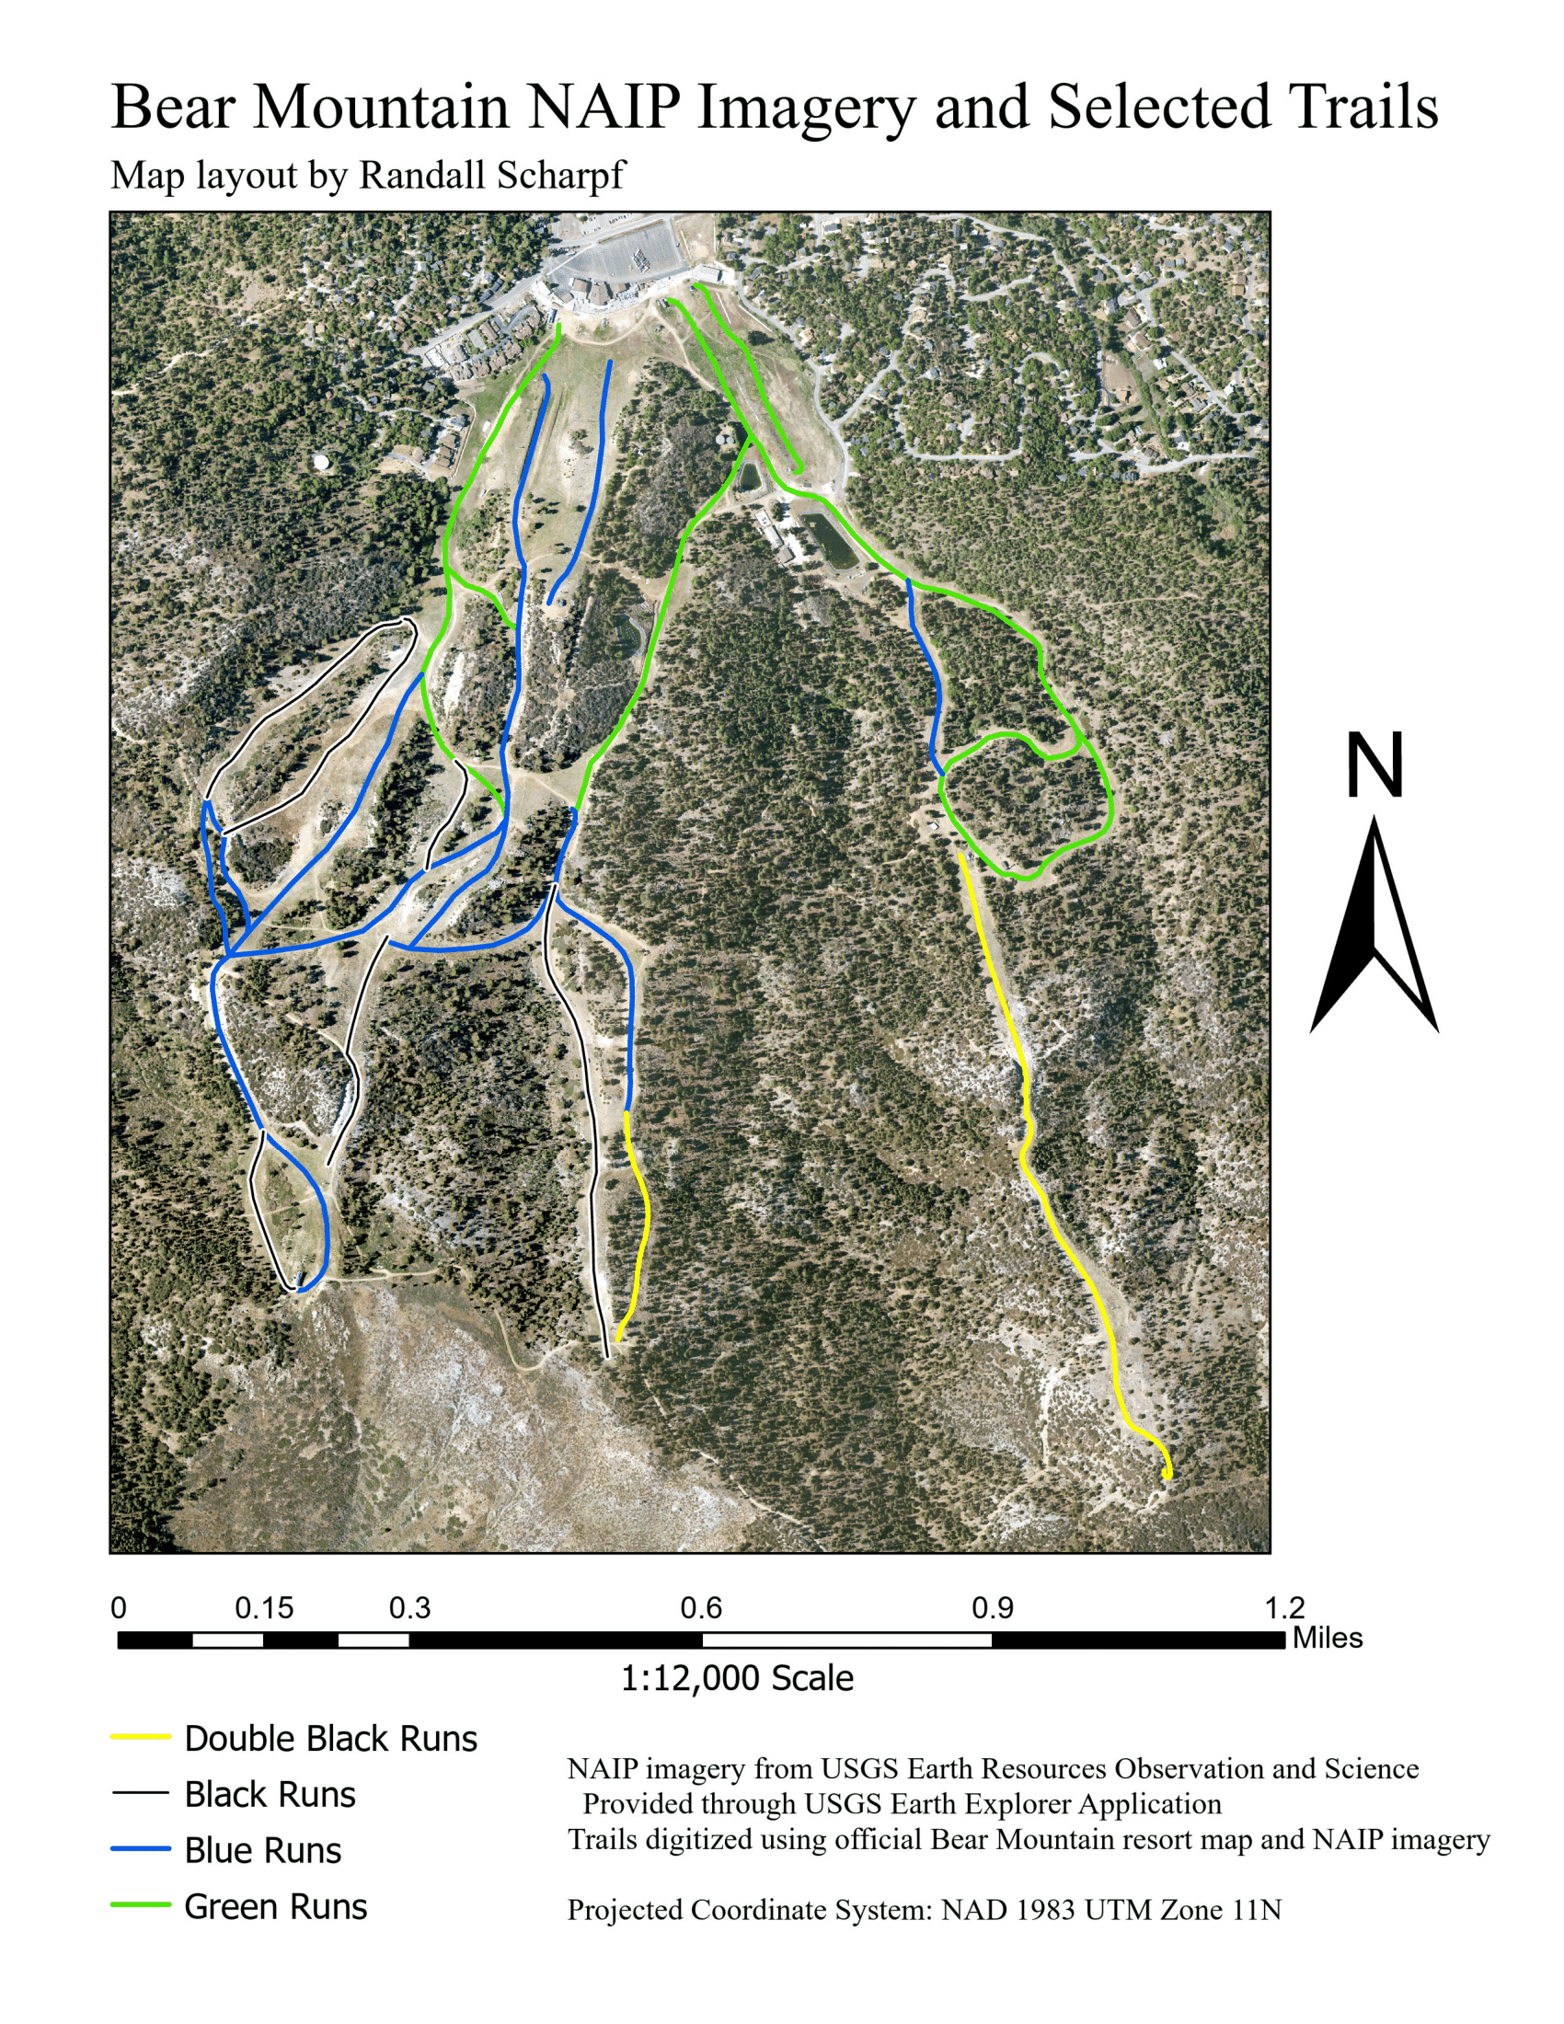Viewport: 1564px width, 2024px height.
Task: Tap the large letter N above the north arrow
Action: pos(1374,765)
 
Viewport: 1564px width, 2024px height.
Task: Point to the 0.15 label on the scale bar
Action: pos(264,1608)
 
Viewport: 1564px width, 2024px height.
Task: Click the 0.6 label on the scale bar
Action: pos(701,1608)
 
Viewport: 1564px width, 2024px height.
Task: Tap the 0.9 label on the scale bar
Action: pos(993,1608)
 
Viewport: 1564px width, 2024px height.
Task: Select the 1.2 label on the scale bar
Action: pos(1284,1608)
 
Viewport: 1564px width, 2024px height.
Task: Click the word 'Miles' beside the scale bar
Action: pos(1327,1638)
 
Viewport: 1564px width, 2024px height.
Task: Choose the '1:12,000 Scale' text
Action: pos(737,1678)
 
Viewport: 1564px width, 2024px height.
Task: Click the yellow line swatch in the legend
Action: pos(141,1737)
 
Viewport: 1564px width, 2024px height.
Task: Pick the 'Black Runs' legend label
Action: pos(270,1795)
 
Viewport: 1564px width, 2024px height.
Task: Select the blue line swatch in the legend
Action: pos(141,1849)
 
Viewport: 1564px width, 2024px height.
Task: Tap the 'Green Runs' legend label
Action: pos(275,1906)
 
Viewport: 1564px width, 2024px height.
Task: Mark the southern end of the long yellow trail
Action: pos(1167,1475)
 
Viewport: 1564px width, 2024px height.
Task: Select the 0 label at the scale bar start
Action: pos(119,1608)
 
